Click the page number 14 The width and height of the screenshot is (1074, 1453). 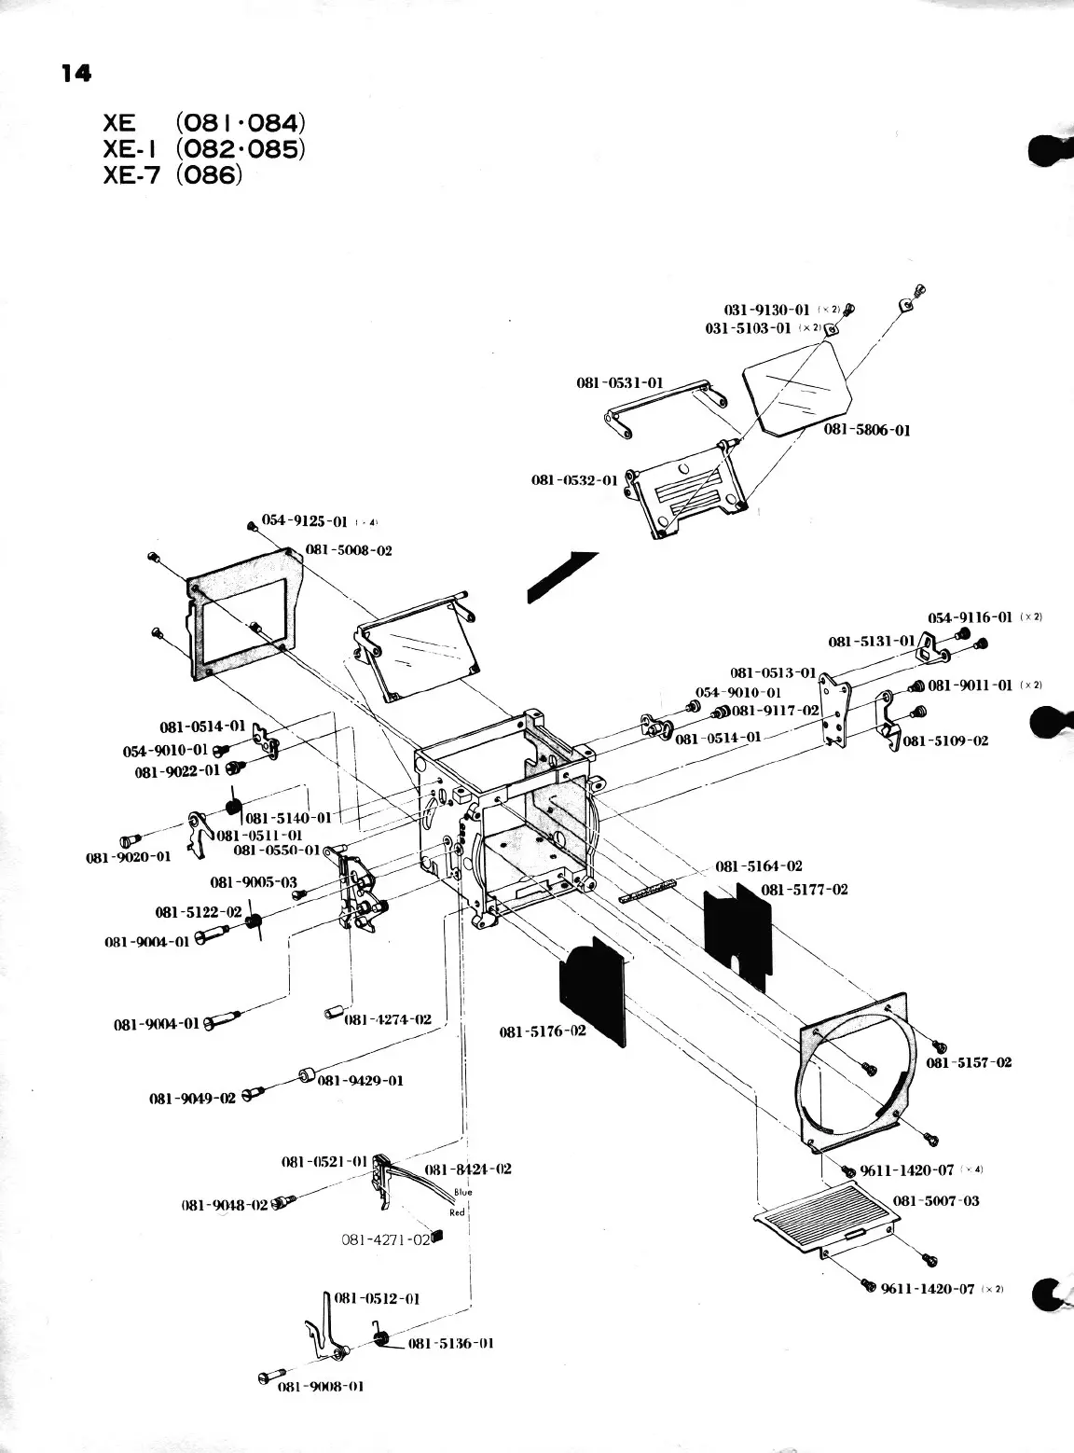[76, 73]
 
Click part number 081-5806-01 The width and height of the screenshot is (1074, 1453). [867, 430]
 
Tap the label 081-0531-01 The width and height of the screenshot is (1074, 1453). [620, 382]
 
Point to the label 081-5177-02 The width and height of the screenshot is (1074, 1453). [805, 890]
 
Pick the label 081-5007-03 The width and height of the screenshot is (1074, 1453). [936, 1200]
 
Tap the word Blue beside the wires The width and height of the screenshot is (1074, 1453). [463, 1192]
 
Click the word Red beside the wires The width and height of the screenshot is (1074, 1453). [458, 1212]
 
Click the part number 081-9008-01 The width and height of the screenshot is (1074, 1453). [321, 1386]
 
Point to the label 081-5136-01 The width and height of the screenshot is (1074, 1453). [451, 1343]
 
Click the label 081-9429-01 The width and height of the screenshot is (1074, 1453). [361, 1081]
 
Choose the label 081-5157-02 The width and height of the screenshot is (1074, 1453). [969, 1062]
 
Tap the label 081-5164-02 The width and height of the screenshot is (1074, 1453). [758, 866]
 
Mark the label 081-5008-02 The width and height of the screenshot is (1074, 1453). [349, 550]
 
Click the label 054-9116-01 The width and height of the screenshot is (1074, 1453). [970, 617]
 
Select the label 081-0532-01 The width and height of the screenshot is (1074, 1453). [574, 480]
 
